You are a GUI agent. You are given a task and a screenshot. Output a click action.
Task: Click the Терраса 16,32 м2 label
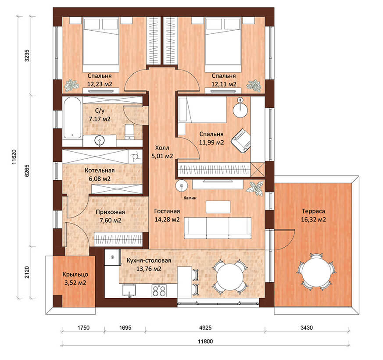[x=313, y=215]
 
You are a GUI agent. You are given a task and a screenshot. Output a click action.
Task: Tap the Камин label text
[x=190, y=198]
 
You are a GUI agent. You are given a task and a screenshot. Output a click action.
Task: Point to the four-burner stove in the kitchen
[x=159, y=291]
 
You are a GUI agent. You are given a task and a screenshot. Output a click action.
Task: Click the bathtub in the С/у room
[x=72, y=118]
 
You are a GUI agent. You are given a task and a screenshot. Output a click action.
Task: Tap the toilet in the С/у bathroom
[x=129, y=132]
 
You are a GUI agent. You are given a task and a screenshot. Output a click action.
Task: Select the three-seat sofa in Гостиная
[x=218, y=228]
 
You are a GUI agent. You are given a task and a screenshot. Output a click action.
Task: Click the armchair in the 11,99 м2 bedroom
[x=241, y=141]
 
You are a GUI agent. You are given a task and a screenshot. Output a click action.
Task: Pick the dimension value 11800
[x=205, y=341]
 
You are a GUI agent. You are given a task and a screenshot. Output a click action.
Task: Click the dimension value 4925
[x=205, y=328]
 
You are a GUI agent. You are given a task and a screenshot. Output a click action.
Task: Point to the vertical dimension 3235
[x=27, y=55]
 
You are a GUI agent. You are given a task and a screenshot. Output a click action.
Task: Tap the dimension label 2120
[x=27, y=272]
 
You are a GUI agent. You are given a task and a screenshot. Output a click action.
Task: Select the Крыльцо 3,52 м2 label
[x=75, y=278]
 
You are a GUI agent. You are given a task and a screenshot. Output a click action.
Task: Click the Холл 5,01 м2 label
[x=162, y=152]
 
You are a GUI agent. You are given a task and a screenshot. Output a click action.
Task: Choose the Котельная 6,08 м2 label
[x=100, y=175]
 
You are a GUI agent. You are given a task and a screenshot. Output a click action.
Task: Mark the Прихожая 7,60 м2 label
[x=110, y=216]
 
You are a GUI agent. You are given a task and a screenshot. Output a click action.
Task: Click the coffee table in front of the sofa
[x=218, y=207]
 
